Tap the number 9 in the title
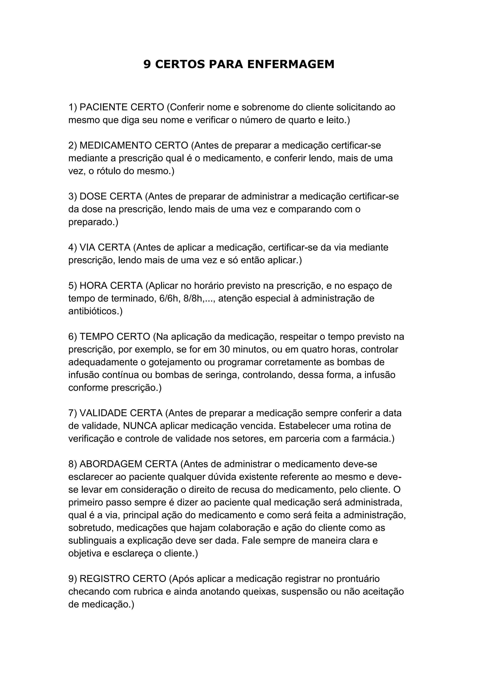point(147,64)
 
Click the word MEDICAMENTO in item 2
point(116,145)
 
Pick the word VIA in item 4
point(87,247)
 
